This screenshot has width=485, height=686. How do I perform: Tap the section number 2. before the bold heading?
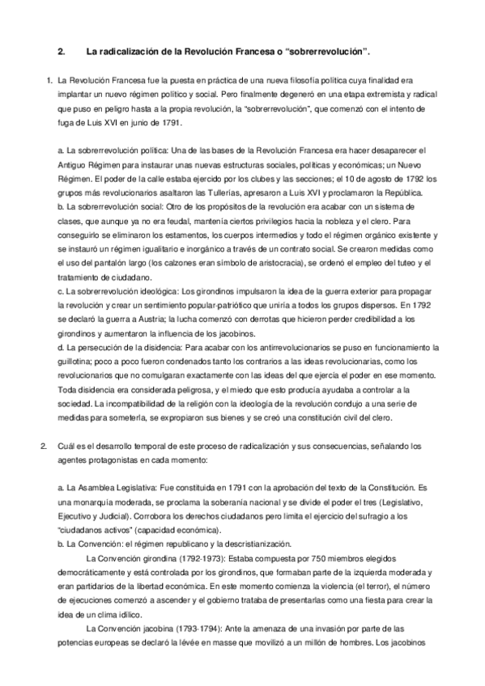(x=62, y=51)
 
